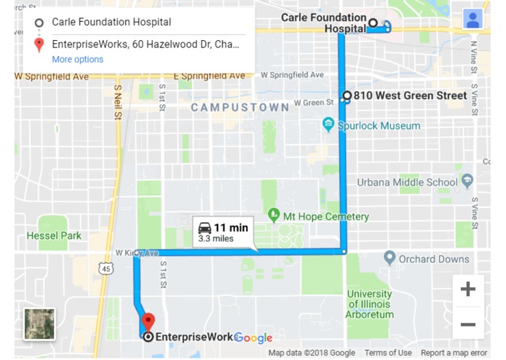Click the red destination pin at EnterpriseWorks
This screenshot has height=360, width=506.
[148, 321]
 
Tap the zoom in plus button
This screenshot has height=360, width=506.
[467, 289]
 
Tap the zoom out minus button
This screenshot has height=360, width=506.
[467, 324]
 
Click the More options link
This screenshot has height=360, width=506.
[77, 60]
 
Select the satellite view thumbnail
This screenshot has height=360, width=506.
[39, 324]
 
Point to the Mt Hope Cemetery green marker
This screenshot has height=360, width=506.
[274, 216]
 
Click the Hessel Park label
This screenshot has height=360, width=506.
[54, 235]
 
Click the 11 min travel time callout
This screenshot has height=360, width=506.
[224, 232]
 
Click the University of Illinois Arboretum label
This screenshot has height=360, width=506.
[369, 304]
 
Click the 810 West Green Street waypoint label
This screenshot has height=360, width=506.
[410, 95]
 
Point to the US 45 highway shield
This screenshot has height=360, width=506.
[107, 269]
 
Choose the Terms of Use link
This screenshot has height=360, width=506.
[388, 353]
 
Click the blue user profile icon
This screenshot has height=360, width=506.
[473, 20]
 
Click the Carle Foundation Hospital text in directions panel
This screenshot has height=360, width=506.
[111, 23]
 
